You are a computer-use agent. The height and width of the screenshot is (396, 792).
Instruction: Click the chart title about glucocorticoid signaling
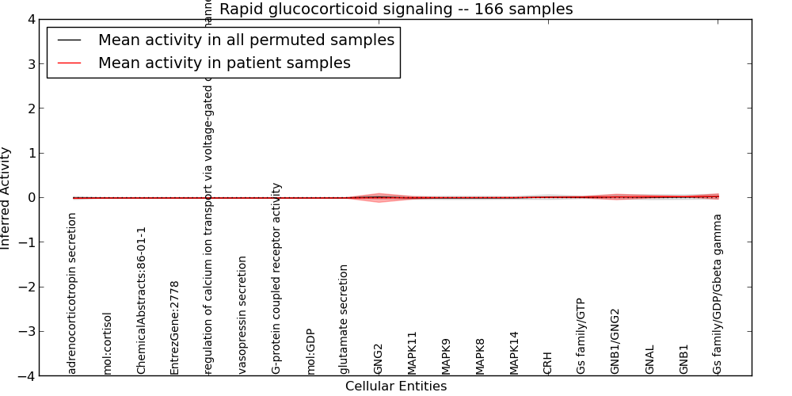pyautogui.click(x=396, y=10)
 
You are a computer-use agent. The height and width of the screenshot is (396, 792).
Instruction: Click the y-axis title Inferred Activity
pyautogui.click(x=6, y=198)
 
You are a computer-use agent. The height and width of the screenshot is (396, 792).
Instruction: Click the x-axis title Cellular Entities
pyautogui.click(x=396, y=386)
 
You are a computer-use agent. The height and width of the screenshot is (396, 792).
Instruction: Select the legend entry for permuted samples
pyautogui.click(x=246, y=40)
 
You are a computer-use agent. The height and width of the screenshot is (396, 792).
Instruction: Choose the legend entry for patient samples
pyautogui.click(x=224, y=63)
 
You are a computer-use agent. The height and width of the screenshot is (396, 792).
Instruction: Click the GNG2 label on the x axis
pyautogui.click(x=379, y=358)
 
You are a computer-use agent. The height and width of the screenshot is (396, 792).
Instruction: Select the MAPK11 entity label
pyautogui.click(x=413, y=352)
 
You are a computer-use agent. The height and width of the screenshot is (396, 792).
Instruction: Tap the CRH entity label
pyautogui.click(x=548, y=362)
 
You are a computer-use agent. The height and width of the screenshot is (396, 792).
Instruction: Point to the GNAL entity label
pyautogui.click(x=650, y=359)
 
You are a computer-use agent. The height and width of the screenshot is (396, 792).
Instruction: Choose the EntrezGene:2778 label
pyautogui.click(x=175, y=327)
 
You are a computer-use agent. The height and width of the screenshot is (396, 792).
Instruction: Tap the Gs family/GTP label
pyautogui.click(x=582, y=336)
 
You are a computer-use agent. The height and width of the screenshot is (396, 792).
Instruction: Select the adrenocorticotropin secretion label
pyautogui.click(x=73, y=293)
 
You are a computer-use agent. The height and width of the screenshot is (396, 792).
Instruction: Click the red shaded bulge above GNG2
pyautogui.click(x=380, y=196)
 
